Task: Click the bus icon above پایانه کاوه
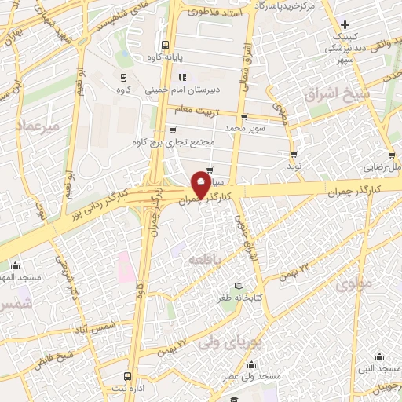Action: [165, 45]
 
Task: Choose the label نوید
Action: [293, 166]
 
